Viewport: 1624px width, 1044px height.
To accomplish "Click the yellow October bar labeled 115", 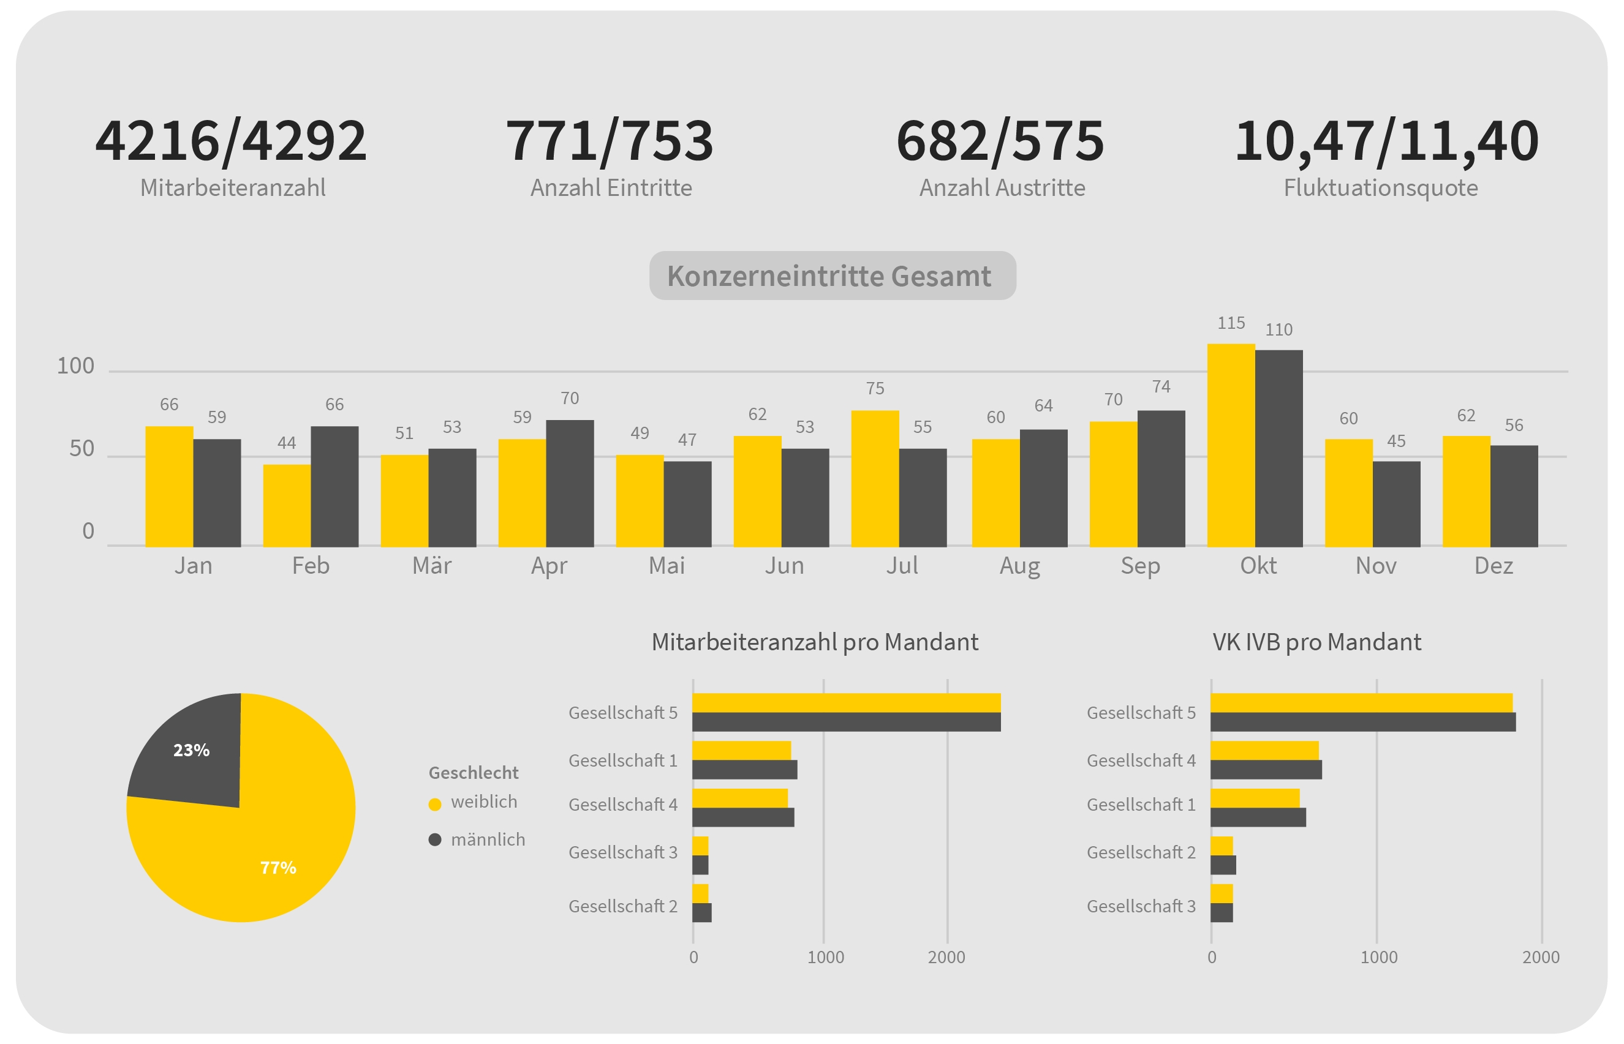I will tap(1230, 445).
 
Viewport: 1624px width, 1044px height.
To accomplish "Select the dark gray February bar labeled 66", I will tap(334, 486).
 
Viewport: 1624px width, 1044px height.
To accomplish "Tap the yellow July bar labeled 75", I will tap(875, 478).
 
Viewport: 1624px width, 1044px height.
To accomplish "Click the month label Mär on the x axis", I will tap(431, 565).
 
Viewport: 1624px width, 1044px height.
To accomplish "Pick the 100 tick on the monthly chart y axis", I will tap(75, 366).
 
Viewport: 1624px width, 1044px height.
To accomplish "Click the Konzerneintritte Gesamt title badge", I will tap(832, 276).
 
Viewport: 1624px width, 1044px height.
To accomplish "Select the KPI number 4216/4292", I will tap(230, 141).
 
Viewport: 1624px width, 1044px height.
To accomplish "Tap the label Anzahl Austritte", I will tap(1002, 188).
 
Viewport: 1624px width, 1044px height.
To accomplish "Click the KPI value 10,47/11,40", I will tap(1386, 141).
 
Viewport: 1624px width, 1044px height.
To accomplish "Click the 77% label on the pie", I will tap(278, 868).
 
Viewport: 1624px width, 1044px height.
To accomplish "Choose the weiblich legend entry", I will tap(483, 802).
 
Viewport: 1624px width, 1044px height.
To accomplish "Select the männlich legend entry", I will tap(487, 840).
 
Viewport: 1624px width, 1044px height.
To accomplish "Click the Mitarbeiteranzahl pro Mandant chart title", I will tap(814, 642).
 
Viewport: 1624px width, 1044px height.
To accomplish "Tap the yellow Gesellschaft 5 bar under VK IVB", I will tap(1361, 703).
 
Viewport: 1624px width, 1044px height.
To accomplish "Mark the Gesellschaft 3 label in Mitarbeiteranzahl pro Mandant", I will tap(622, 852).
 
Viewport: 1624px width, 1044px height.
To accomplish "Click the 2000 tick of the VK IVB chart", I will tap(1541, 957).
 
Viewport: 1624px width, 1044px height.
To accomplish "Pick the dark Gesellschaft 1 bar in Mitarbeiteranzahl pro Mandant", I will tap(744, 770).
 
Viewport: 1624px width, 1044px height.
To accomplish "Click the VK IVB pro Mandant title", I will tap(1316, 642).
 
